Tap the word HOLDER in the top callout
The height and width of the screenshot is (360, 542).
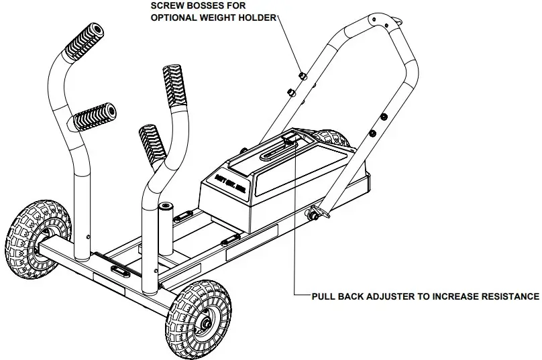tap(262, 17)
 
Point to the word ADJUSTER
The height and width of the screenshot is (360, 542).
tap(388, 296)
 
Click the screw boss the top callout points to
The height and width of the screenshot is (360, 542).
tap(302, 75)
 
